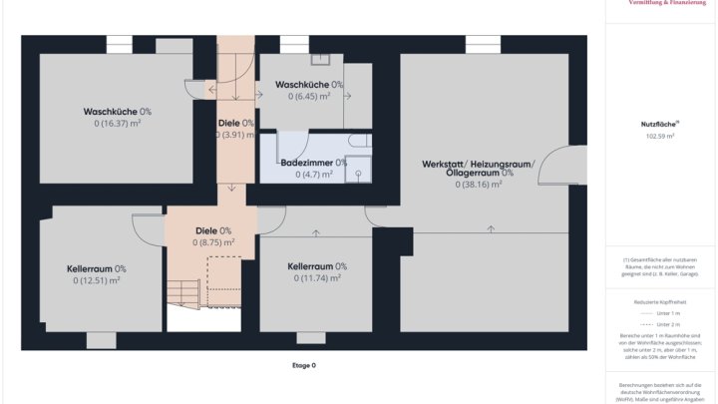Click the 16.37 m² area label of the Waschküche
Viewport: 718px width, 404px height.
(x=118, y=124)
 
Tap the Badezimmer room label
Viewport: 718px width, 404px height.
(x=313, y=162)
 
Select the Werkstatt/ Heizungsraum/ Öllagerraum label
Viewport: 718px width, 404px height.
(x=478, y=168)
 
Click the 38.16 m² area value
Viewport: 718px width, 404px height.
(x=478, y=184)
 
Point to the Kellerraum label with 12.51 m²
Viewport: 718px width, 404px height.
(x=96, y=268)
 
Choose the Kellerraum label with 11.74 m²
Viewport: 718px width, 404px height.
(x=317, y=266)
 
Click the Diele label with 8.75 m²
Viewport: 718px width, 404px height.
(x=212, y=230)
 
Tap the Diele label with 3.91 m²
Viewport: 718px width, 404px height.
(x=235, y=123)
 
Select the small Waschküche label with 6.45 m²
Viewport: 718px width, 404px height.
(x=309, y=85)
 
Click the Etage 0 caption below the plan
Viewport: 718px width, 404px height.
(x=303, y=366)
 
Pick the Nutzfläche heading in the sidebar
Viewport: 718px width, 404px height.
(x=659, y=123)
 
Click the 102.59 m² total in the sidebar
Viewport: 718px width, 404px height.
(x=659, y=136)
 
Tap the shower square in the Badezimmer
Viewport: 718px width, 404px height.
(x=357, y=172)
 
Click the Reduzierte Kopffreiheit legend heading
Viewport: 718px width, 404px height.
(x=659, y=301)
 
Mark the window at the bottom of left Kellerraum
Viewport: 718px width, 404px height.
(x=101, y=340)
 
